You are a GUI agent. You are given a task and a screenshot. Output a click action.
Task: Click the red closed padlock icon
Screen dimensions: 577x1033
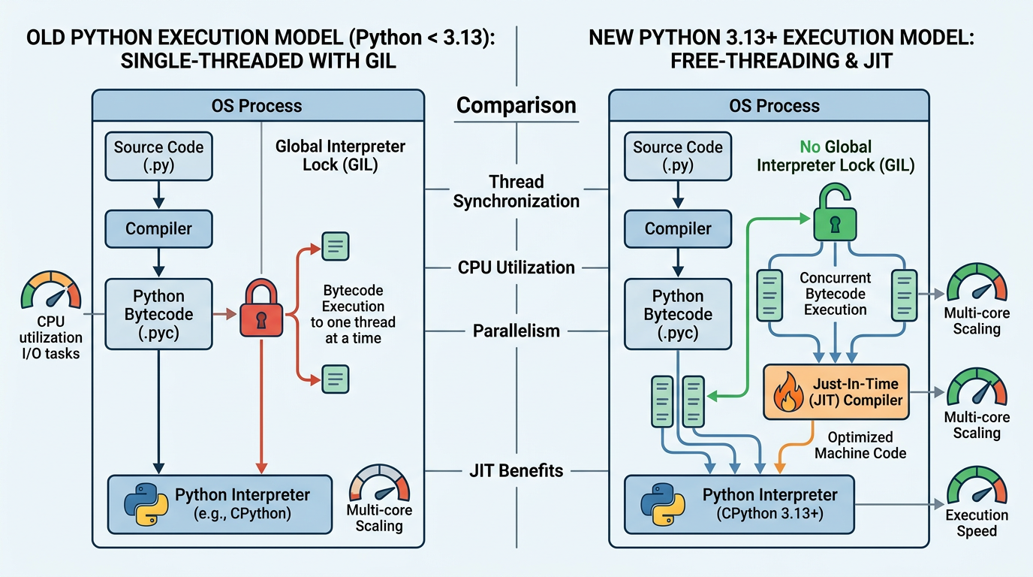click(x=260, y=313)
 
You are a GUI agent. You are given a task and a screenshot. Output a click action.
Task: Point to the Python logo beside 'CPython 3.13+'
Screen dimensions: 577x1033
click(x=663, y=505)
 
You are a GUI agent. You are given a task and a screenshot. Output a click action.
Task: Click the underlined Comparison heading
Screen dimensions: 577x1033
click(x=516, y=105)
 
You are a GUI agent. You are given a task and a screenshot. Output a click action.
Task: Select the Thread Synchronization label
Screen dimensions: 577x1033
click(x=516, y=192)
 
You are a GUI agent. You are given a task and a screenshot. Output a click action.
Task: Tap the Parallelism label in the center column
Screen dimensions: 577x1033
click(x=516, y=331)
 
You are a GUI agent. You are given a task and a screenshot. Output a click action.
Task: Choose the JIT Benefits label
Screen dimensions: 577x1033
click(x=516, y=471)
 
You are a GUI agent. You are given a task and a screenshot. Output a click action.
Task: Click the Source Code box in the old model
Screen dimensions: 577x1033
click(x=158, y=156)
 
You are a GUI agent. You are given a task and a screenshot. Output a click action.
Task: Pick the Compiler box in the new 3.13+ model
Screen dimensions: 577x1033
click(x=678, y=229)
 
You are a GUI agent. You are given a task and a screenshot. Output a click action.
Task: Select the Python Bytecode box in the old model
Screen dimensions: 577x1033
click(x=158, y=314)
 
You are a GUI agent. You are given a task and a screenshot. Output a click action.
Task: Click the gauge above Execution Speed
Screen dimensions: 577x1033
click(x=977, y=486)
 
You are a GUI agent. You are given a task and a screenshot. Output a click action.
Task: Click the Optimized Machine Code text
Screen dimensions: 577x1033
click(x=860, y=445)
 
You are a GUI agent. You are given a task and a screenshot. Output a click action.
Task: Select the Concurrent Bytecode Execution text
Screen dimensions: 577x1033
click(x=835, y=294)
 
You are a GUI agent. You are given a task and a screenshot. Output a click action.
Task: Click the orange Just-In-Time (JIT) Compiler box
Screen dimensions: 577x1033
click(x=836, y=391)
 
